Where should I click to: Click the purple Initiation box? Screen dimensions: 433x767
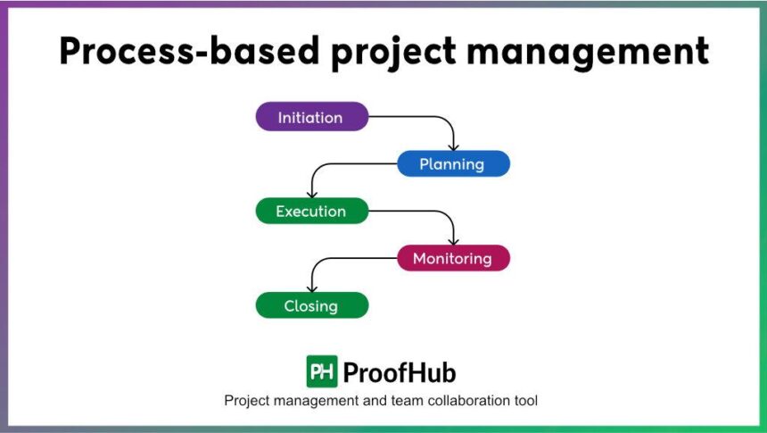(311, 117)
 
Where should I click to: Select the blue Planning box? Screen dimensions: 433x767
(452, 164)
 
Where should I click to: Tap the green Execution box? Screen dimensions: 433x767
(311, 212)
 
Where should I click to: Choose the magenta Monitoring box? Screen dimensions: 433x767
(452, 259)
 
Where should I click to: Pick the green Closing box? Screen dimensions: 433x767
(311, 306)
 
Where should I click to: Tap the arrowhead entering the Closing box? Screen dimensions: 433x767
(311, 287)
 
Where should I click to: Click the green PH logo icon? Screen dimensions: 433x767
(322, 371)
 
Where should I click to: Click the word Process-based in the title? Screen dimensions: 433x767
(189, 52)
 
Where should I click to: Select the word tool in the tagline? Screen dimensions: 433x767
(524, 401)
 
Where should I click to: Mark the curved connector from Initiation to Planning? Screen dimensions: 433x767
(428, 118)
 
